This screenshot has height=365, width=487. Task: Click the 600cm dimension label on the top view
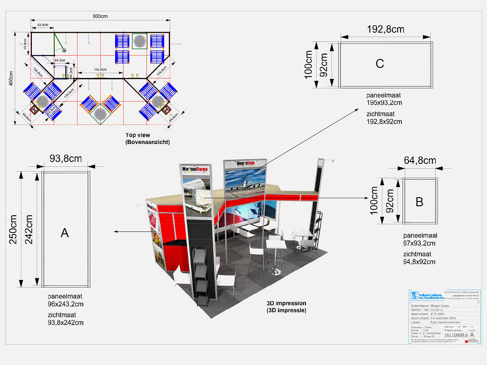tap(100, 17)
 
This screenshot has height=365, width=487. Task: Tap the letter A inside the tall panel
tap(65, 232)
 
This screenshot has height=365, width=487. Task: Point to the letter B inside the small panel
tap(419, 202)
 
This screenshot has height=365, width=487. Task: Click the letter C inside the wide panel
tap(380, 63)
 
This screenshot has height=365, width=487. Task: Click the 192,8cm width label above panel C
tap(386, 29)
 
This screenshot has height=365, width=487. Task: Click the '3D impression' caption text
tap(286, 303)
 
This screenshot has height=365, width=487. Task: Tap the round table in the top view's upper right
tap(139, 41)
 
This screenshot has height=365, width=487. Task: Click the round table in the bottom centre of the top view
tap(100, 114)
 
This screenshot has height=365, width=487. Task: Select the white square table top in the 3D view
tap(276, 244)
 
